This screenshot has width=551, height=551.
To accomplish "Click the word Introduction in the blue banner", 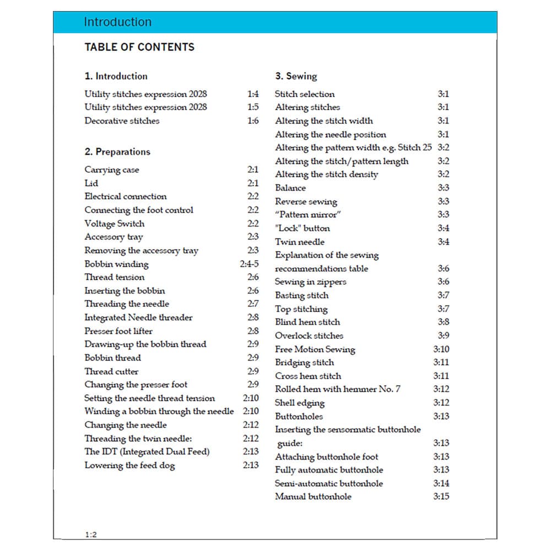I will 117,22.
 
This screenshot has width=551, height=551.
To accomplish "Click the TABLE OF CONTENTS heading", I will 139,47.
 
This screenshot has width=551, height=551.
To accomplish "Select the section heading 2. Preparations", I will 117,152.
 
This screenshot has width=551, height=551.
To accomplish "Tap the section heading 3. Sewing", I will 296,76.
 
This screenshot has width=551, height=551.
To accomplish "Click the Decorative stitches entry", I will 122,121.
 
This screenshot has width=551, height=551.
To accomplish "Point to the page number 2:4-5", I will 249,264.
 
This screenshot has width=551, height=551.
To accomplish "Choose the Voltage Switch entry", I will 115,224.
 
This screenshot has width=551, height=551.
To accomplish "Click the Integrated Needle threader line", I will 138,317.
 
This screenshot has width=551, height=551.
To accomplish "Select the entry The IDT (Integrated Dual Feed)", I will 147,452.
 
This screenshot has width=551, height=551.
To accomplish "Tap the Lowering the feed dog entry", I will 129,466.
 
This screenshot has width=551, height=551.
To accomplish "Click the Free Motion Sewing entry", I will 315,349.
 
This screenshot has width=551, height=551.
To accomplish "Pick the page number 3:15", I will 441,496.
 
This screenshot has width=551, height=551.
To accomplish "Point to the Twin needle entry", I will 300,242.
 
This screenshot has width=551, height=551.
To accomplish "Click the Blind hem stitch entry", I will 307,322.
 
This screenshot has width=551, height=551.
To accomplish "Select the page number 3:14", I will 441,483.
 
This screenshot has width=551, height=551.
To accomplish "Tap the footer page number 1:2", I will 91,534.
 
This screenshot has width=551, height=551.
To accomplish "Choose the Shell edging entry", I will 300,403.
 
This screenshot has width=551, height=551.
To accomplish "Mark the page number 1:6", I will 253,121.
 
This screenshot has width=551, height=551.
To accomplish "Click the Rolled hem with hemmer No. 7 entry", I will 338,389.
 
